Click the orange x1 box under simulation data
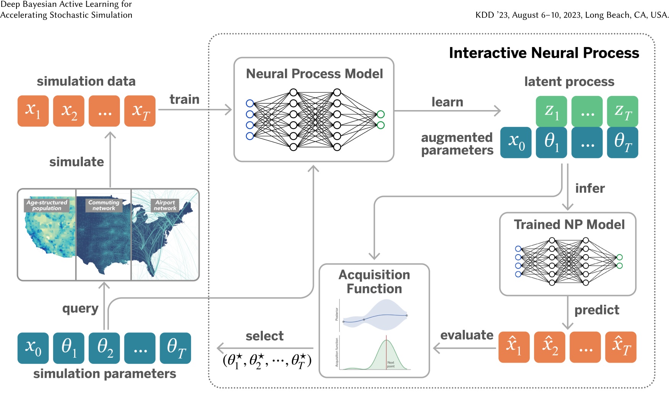[33, 111]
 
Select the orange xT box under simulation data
[140, 111]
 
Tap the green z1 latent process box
[551, 111]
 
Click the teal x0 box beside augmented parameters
[516, 142]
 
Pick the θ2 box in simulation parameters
[104, 348]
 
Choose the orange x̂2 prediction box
[549, 347]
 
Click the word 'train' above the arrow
[184, 99]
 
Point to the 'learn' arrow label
[447, 102]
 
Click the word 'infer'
[590, 188]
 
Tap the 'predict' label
[597, 310]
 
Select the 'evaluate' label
[467, 335]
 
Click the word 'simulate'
[76, 162]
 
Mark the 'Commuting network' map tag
[104, 205]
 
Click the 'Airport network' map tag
[165, 205]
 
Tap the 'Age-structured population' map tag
[47, 205]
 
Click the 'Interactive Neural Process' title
[544, 53]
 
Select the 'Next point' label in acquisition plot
[391, 364]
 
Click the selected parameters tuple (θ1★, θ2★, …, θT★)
[267, 360]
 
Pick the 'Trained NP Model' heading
[569, 224]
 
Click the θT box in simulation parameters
[175, 348]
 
